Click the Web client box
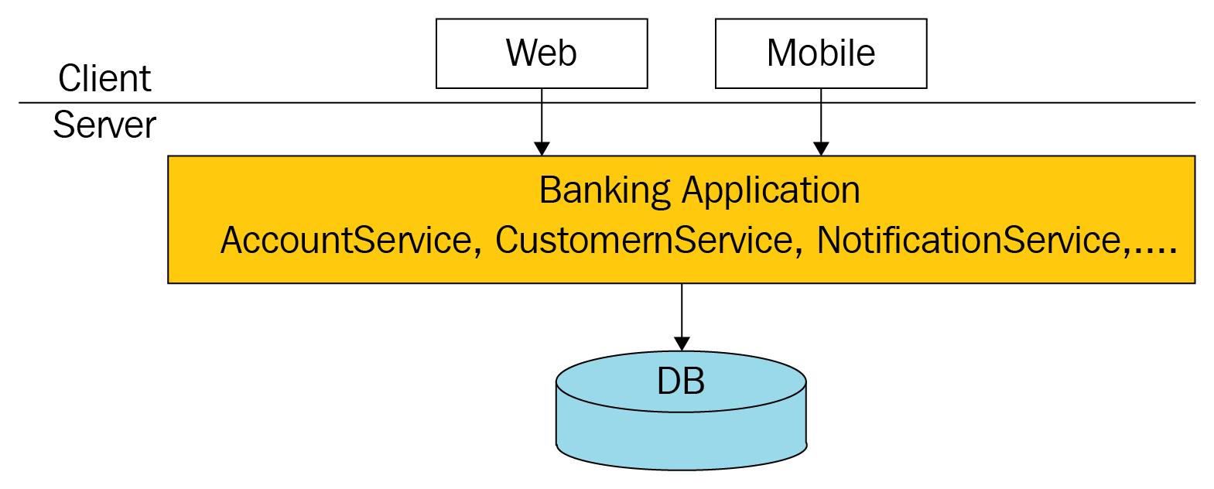tap(542, 53)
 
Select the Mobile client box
tap(821, 53)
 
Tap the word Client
tap(104, 79)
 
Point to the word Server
tap(104, 125)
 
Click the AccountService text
tap(346, 240)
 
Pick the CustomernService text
tap(643, 240)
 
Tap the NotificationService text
tap(969, 240)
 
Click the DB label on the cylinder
tap(681, 381)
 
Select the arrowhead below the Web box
tap(542, 149)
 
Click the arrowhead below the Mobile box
tap(821, 149)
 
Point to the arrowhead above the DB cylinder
tap(682, 344)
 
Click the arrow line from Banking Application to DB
tap(682, 309)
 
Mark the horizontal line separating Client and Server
tap(309, 102)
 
